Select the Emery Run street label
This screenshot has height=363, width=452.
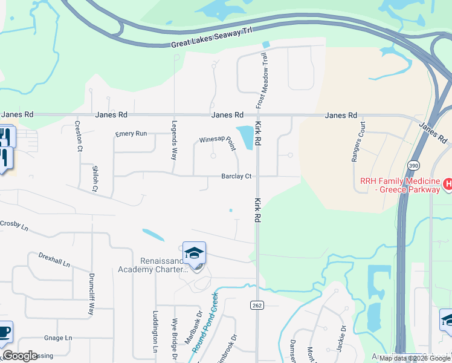(x=132, y=134)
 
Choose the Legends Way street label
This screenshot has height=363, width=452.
(x=175, y=143)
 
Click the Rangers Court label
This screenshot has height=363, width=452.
(x=358, y=142)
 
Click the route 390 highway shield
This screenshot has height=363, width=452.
(x=413, y=165)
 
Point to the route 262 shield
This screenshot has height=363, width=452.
(x=257, y=306)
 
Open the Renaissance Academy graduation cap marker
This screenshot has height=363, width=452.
(x=195, y=253)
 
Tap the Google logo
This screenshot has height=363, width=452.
(x=20, y=355)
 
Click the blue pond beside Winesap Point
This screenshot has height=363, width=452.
(x=245, y=137)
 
